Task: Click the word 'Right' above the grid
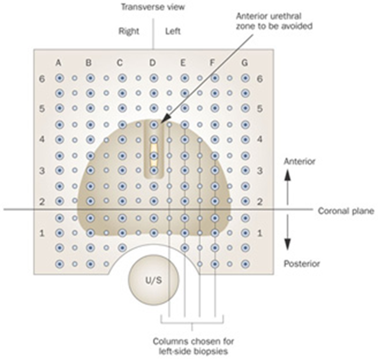(129, 31)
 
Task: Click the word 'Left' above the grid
(173, 31)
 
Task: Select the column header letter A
(58, 63)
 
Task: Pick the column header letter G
(245, 63)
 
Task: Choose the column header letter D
(152, 63)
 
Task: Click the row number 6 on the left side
(42, 79)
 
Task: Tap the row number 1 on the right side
(260, 233)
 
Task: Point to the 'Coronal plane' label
(346, 211)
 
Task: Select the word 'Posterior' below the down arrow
(302, 264)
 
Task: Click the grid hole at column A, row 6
(59, 78)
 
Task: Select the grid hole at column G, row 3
(245, 171)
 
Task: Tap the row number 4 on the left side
(42, 140)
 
